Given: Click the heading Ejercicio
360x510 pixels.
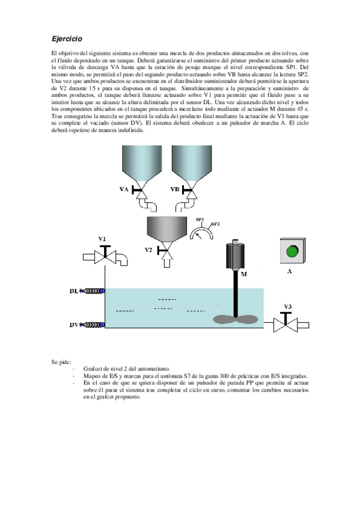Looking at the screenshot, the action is pos(67,38).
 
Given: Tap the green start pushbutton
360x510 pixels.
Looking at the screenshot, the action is pos(292,251).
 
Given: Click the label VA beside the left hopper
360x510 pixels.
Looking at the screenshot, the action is pos(124,189).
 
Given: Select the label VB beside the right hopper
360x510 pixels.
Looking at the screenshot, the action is pos(175,189).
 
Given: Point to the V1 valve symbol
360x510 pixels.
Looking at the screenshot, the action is pos(105,256).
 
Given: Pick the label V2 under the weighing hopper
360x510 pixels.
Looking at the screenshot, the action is pos(148,250).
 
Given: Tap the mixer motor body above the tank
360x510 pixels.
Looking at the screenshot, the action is pos(234,255).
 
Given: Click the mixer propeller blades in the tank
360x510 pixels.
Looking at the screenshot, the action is pos(236,319).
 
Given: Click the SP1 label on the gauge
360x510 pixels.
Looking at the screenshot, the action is pos(200,220).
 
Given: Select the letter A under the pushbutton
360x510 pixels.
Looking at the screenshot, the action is pos(290,271).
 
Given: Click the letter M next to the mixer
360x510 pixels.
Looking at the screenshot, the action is pos(243,274).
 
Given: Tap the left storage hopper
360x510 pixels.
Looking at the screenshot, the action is pos(142,166).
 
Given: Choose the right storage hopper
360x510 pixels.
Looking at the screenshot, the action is pos(192,166).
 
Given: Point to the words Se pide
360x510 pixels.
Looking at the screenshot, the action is pos(61,362).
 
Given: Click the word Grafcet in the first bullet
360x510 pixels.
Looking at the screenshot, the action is pos(93,369).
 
